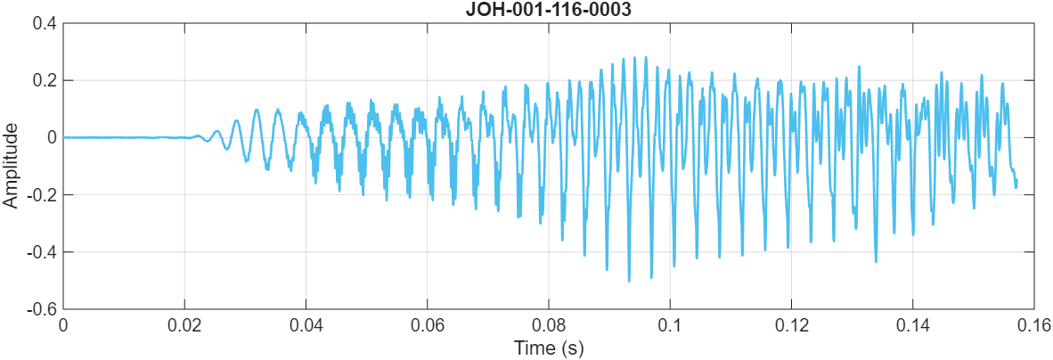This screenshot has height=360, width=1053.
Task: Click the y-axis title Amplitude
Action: [x=11, y=166]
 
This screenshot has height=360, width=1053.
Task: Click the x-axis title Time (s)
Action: [x=547, y=348]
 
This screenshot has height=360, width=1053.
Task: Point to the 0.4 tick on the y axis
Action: [x=45, y=23]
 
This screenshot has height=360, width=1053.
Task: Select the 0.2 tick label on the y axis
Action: [x=45, y=80]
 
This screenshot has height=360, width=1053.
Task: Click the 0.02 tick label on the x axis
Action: [x=184, y=325]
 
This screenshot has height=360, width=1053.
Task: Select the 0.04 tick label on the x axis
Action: [x=306, y=325]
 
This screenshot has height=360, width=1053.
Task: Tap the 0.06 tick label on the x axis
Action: [x=427, y=325]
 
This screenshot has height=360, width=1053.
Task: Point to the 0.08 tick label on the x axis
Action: [x=549, y=325]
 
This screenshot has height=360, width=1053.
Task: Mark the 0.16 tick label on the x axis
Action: [x=1033, y=325]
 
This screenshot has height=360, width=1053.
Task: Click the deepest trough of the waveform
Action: [x=629, y=281]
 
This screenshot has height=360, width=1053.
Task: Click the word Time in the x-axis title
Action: [x=531, y=348]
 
